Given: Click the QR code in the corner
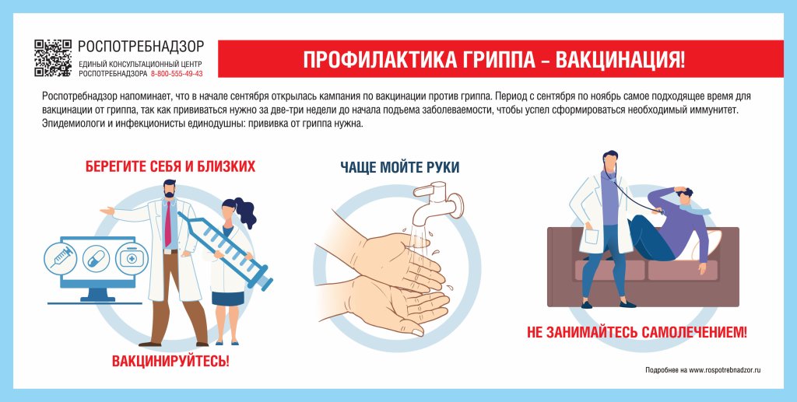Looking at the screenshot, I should click(x=54, y=58).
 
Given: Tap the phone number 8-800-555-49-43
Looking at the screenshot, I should click(x=176, y=74).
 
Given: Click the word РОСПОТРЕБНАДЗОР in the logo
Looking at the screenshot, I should click(x=141, y=47).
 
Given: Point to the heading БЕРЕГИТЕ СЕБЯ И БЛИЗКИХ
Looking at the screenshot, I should click(x=170, y=166).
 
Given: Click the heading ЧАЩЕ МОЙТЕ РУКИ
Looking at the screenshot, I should click(x=399, y=166).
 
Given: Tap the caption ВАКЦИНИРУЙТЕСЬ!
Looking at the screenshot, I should click(x=170, y=361).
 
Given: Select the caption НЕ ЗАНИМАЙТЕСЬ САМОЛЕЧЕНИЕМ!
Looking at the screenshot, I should click(x=637, y=332).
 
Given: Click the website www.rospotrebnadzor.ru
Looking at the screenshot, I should click(x=725, y=370).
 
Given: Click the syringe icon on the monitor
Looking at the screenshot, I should click(x=60, y=257).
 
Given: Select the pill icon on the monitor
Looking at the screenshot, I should click(x=96, y=258).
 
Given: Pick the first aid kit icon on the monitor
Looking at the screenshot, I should click(x=131, y=258).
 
